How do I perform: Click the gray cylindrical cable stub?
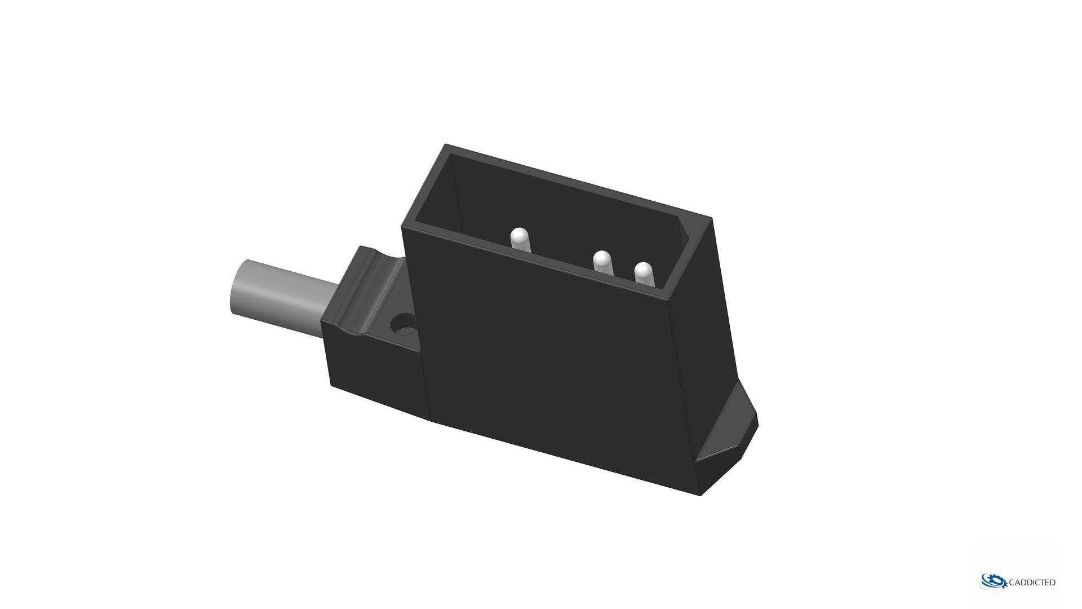(282, 293)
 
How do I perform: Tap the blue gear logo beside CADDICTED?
(994, 581)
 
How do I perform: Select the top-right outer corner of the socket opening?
(711, 218)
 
